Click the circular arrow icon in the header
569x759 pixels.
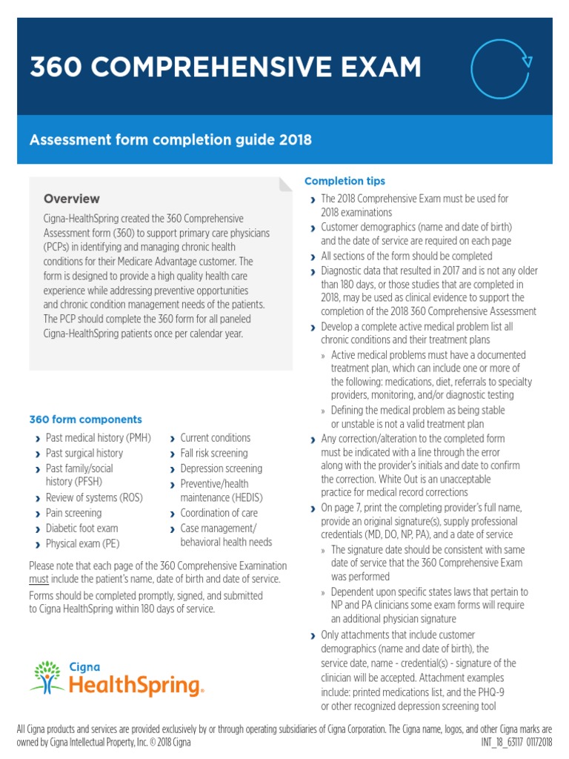click(x=502, y=68)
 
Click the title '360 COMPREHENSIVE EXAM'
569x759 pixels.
click(x=225, y=67)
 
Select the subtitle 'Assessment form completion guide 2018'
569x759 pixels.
click(x=170, y=139)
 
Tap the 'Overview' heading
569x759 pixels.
click(x=71, y=199)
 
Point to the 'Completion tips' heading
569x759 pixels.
click(x=345, y=181)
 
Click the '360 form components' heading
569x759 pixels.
click(x=85, y=420)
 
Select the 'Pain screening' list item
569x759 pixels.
click(x=73, y=513)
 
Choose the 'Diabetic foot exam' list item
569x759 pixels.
click(x=81, y=528)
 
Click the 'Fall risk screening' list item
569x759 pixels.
click(x=214, y=453)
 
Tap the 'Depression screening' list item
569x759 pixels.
click(x=221, y=468)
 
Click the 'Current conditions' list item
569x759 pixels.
click(x=215, y=438)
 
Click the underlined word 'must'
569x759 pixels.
click(x=38, y=579)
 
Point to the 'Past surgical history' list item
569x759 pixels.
click(x=84, y=453)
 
